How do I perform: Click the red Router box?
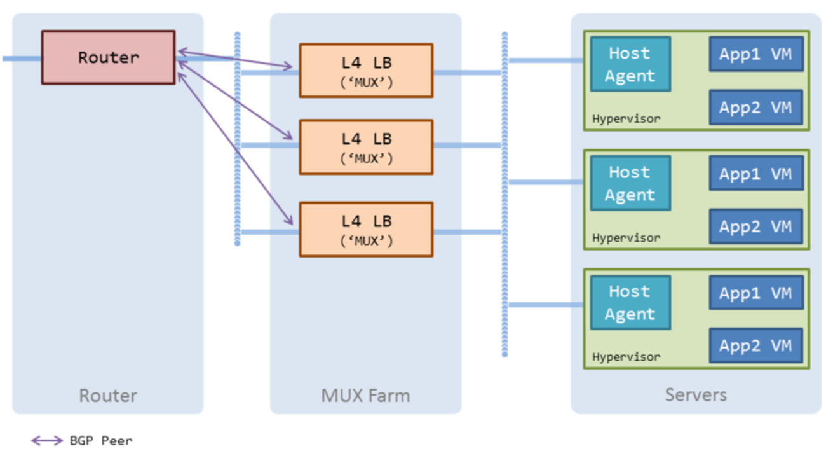click(108, 57)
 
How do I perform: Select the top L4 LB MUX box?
click(366, 71)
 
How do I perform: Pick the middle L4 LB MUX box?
click(366, 147)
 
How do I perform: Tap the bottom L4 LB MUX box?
click(366, 230)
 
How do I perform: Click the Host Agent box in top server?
click(630, 64)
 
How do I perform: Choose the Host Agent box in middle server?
click(630, 183)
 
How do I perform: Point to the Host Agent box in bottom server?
click(630, 303)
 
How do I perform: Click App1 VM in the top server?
click(755, 54)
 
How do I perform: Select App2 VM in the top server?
click(755, 108)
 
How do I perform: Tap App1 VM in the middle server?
click(755, 173)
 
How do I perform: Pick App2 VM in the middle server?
click(755, 226)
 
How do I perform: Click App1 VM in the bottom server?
click(755, 293)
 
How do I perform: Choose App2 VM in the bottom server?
click(755, 345)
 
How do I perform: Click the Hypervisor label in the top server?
click(626, 119)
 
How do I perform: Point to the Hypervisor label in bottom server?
click(626, 357)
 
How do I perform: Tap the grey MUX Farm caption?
click(365, 396)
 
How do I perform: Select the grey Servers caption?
click(696, 395)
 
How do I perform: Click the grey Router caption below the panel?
click(108, 396)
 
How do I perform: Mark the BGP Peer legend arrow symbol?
click(47, 440)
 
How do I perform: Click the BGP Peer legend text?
click(101, 440)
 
